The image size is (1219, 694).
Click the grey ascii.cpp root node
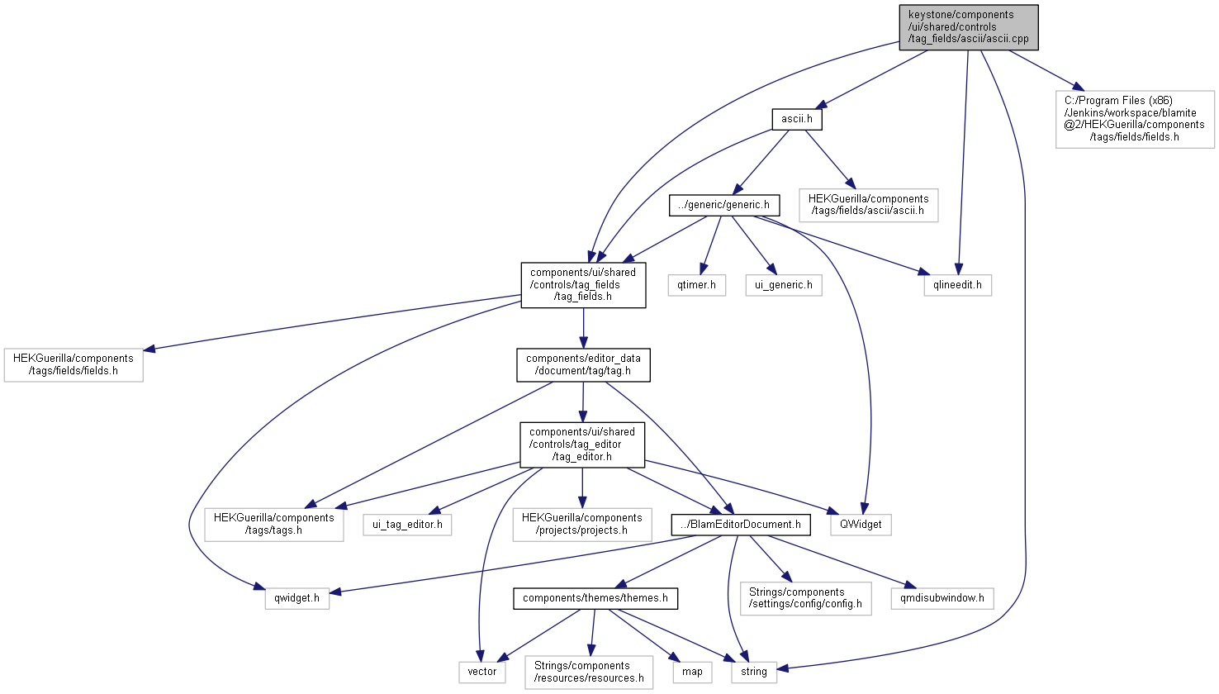point(969,27)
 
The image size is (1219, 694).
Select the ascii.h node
point(797,119)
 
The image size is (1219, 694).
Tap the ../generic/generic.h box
point(723,205)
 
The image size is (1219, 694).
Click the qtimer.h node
point(696,285)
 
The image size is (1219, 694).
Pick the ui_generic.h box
point(784,285)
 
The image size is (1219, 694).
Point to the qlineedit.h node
point(958,285)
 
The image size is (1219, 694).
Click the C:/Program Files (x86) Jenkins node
point(1135,119)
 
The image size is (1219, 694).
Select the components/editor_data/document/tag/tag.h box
point(583,365)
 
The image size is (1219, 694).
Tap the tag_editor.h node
point(582,444)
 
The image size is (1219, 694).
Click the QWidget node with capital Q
point(861,525)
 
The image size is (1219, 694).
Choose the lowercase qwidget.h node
point(297,598)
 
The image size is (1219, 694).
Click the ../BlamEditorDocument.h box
point(741,525)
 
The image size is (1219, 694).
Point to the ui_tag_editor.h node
point(408,525)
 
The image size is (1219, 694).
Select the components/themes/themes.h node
point(595,598)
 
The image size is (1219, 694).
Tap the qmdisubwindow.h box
point(942,598)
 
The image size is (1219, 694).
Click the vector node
point(482,672)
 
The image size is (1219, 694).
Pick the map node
point(692,672)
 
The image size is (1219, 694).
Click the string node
point(754,672)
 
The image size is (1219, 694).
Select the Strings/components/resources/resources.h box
point(589,673)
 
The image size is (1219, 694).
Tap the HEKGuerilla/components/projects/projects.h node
point(582,525)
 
